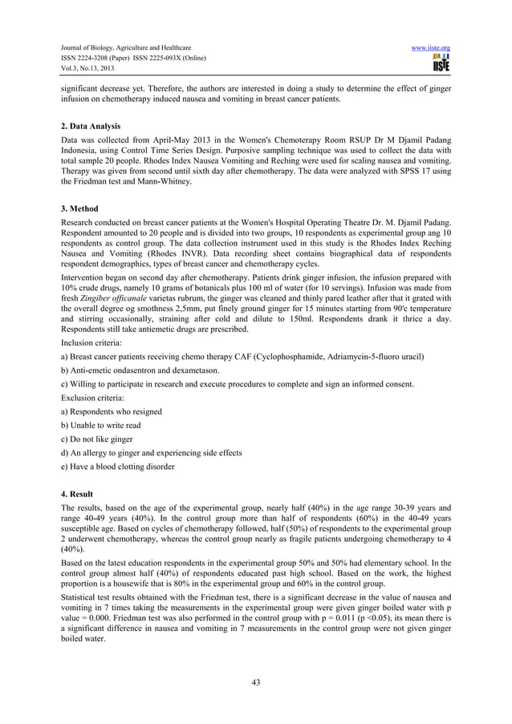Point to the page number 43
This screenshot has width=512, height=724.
pos(256,682)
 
